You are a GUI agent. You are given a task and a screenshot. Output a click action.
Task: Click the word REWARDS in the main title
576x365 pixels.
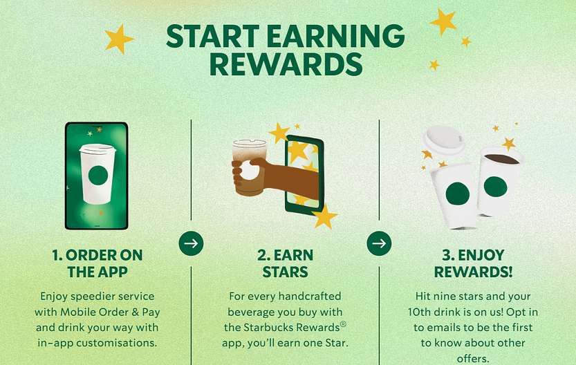pyautogui.click(x=286, y=64)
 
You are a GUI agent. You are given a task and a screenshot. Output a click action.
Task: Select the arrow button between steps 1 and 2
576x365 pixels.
pyautogui.click(x=191, y=243)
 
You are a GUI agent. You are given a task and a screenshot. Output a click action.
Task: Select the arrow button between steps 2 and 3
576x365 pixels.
pyautogui.click(x=379, y=243)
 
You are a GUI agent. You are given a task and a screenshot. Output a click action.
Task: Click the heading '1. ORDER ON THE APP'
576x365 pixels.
pyautogui.click(x=97, y=263)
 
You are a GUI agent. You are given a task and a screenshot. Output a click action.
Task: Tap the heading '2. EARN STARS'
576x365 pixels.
pyautogui.click(x=286, y=263)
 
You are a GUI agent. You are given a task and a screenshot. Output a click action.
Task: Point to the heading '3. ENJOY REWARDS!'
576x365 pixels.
pyautogui.click(x=474, y=263)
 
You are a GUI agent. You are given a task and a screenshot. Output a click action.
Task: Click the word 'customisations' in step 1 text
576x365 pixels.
pyautogui.click(x=119, y=344)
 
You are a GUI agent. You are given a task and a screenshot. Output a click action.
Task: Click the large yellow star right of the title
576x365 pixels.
pyautogui.click(x=443, y=21)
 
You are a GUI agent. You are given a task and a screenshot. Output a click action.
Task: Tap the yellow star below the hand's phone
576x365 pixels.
pyautogui.click(x=324, y=217)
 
